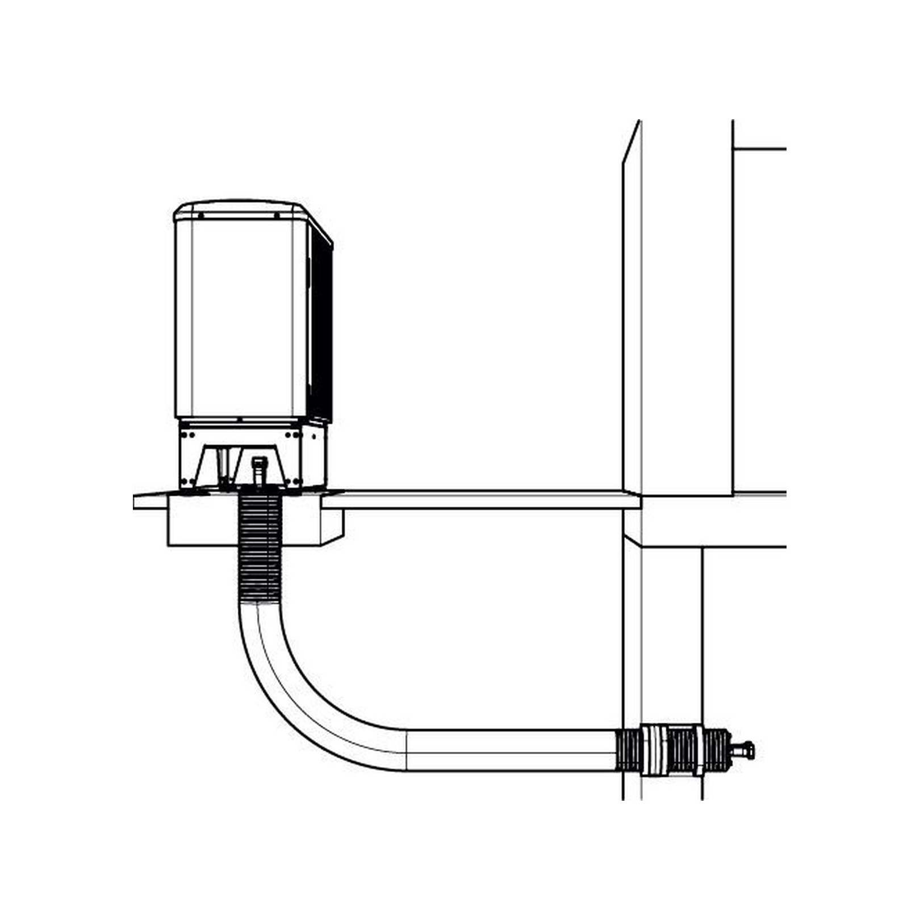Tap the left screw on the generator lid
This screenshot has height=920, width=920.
click(x=200, y=215)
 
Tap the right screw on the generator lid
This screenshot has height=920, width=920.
click(x=277, y=215)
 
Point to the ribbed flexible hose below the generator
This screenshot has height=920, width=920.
click(x=260, y=545)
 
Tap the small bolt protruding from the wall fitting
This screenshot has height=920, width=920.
click(x=744, y=750)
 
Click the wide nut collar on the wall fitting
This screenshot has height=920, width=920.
click(x=654, y=750)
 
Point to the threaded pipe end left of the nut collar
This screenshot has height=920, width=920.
click(x=628, y=750)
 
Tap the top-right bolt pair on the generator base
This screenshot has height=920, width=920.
click(x=292, y=434)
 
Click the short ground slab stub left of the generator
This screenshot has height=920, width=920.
click(x=149, y=501)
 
